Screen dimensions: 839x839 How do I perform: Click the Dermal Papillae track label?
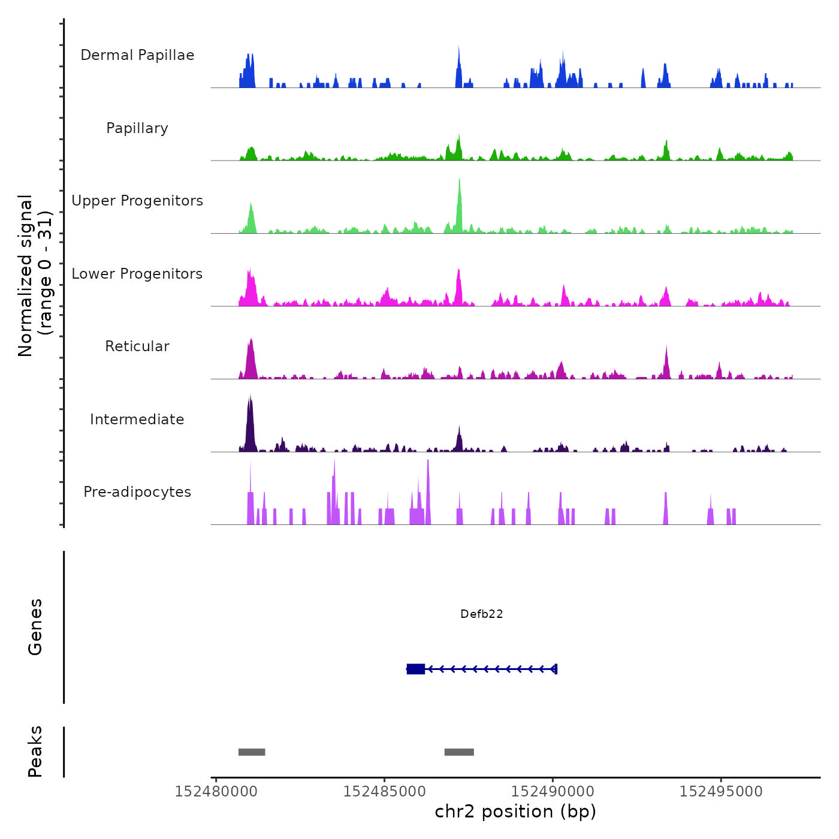(137, 55)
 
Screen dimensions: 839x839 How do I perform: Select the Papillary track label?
(137, 128)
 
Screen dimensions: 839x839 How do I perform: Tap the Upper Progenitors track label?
(137, 201)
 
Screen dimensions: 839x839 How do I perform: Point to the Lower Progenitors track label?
(137, 274)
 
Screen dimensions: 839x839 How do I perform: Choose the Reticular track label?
(137, 346)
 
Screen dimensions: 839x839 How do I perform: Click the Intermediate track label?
(137, 419)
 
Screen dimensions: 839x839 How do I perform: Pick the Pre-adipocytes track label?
(137, 492)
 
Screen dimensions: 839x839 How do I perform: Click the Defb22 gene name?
(481, 614)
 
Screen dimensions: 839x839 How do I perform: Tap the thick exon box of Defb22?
(416, 669)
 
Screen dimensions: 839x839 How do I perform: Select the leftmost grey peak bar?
(252, 752)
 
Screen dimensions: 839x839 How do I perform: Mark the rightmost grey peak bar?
(459, 752)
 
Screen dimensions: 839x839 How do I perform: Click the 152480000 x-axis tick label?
(216, 792)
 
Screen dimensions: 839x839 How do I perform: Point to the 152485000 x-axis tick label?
(384, 792)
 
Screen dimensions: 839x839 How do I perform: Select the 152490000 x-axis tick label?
(553, 792)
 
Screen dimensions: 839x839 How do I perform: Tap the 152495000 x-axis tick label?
(721, 792)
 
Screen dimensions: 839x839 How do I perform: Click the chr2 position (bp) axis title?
(515, 811)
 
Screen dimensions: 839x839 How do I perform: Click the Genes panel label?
(35, 627)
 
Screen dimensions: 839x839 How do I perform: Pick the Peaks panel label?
(35, 752)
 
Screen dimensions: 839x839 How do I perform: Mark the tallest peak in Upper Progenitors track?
(459, 180)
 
